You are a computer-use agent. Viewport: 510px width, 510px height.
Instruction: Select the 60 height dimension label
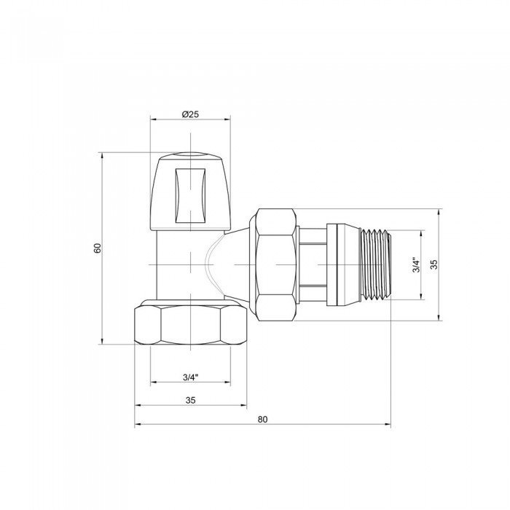point(97,248)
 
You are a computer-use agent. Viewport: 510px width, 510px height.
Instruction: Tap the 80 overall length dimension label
point(262,419)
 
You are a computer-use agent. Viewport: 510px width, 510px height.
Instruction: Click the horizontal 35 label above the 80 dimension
point(191,399)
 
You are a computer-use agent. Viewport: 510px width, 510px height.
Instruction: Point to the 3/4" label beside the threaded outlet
point(415,265)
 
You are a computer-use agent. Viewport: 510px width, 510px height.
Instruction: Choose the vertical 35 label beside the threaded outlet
point(433,264)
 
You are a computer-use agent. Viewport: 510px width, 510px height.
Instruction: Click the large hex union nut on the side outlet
point(275,264)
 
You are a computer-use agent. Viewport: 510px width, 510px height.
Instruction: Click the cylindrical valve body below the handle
point(178,262)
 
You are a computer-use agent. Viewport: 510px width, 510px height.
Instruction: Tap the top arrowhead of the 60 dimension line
point(103,155)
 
